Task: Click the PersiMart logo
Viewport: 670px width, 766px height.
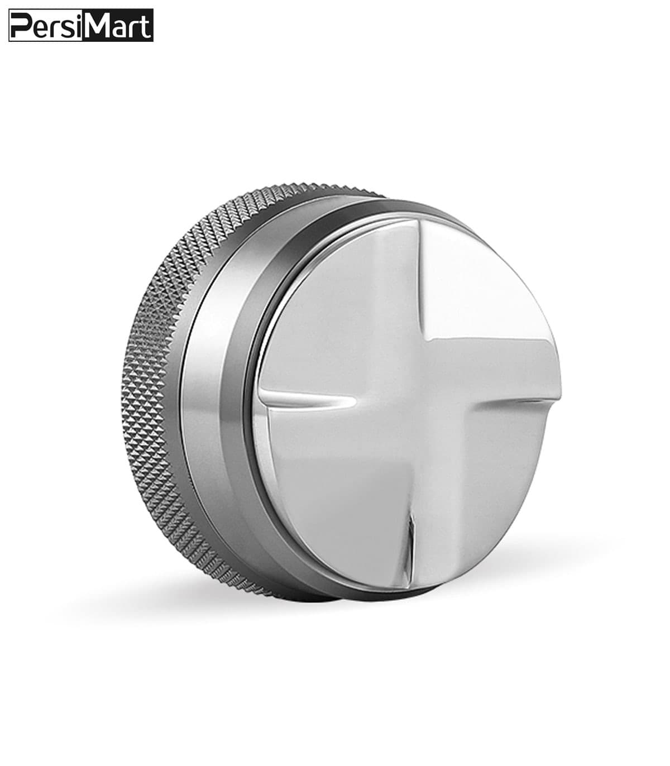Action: [81, 25]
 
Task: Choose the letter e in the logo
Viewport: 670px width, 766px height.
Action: [37, 29]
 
